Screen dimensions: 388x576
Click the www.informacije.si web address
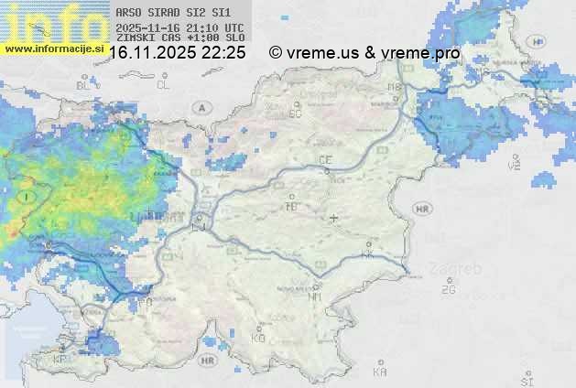point(53,48)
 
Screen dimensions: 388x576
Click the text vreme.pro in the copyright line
point(423,53)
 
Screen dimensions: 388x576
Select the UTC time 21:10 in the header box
point(203,28)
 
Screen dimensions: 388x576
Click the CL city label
point(163,85)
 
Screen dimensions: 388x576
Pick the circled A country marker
point(201,108)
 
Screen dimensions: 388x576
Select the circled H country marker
point(538,42)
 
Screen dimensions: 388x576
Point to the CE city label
point(324,160)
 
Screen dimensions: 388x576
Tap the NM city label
point(316,296)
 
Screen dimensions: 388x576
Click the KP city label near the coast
point(60,360)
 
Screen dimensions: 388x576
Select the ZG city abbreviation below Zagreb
point(448,290)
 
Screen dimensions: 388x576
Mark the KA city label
point(380,372)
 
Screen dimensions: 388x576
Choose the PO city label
point(146,302)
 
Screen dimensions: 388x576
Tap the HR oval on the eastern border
point(422,209)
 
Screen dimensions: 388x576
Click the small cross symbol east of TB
point(333,218)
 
